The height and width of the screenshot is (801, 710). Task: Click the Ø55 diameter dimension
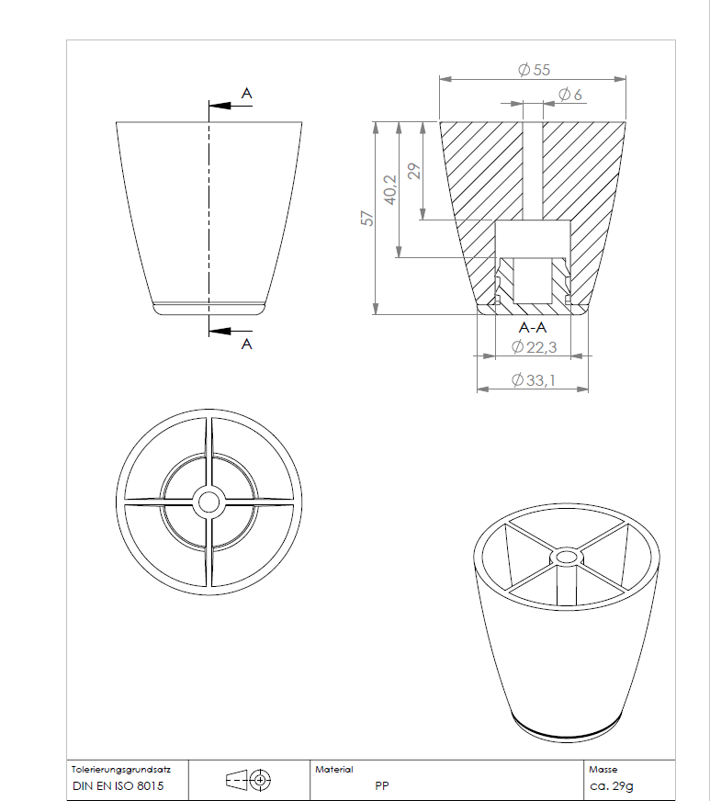point(534,71)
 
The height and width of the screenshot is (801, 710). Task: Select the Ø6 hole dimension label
point(569,95)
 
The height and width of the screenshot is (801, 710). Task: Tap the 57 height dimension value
point(366,218)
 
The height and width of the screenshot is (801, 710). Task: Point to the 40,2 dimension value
point(390,189)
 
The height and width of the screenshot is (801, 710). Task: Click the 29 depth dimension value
point(414,171)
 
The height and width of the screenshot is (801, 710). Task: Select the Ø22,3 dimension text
point(534,346)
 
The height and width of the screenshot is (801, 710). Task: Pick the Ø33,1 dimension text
point(534,380)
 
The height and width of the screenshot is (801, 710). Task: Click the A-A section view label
point(533,328)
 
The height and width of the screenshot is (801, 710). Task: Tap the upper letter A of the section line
point(246,93)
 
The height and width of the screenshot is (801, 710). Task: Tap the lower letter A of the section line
point(246,344)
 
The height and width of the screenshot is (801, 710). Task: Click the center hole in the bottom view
point(208,502)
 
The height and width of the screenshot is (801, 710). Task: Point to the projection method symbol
point(249,781)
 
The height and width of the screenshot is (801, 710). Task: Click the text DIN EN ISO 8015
point(118,787)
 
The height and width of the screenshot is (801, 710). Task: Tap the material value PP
point(381,787)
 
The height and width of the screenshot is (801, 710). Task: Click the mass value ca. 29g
point(611,787)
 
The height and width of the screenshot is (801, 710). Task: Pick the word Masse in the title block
point(603,769)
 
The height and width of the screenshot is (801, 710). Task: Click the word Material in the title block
point(333,769)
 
